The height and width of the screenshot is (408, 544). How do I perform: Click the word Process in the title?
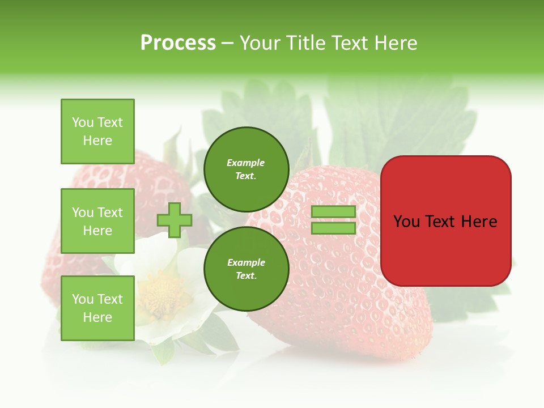[178, 43]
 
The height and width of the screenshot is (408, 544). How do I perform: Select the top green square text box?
[97, 131]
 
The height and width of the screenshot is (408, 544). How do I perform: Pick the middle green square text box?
[97, 221]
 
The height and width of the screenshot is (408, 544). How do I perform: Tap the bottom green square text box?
[97, 308]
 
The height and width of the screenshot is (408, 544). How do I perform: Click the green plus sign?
[175, 220]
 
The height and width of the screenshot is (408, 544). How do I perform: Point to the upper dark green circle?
[246, 169]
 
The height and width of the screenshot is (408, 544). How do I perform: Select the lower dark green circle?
[246, 269]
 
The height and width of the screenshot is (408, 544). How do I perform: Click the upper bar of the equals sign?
[333, 212]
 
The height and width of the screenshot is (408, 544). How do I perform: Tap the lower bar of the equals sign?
[333, 228]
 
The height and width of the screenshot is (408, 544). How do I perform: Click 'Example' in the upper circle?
[246, 163]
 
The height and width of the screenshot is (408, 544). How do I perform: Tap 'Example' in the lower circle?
[246, 262]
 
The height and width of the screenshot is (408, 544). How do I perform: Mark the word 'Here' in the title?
[397, 43]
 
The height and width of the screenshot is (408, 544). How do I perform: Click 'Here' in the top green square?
[97, 141]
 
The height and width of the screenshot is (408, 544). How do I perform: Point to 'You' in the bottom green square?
[83, 299]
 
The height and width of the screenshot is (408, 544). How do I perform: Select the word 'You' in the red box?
[407, 222]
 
